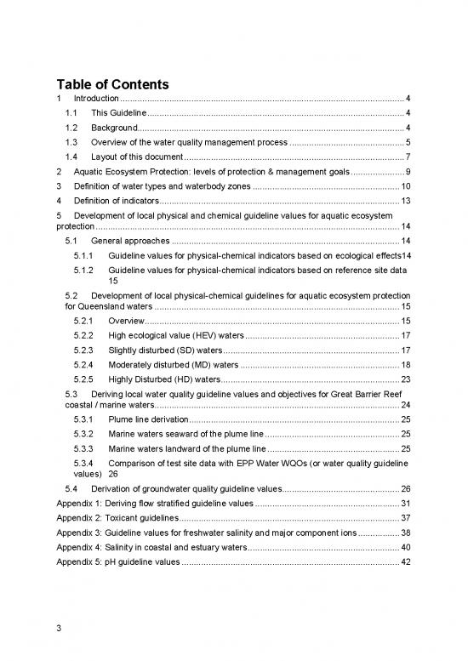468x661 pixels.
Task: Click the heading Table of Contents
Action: pos(113,84)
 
